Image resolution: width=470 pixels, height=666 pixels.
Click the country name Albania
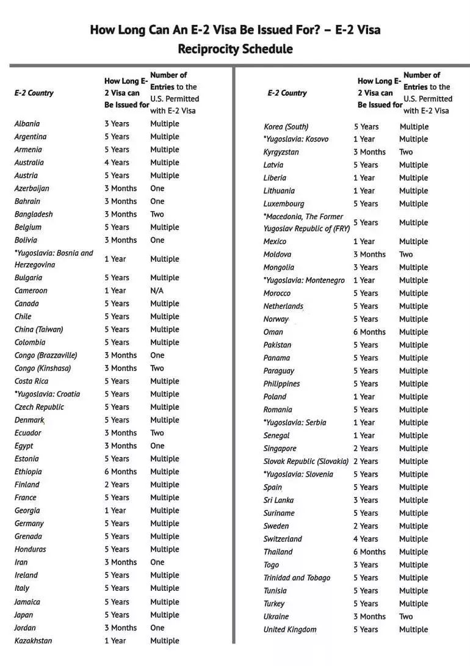click(27, 124)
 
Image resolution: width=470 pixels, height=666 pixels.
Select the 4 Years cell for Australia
click(117, 162)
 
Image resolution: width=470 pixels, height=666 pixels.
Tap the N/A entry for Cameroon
click(157, 291)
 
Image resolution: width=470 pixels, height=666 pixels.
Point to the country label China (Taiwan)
click(38, 330)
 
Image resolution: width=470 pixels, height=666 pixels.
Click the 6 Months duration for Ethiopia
click(120, 472)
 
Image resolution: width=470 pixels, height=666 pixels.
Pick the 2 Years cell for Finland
click(117, 485)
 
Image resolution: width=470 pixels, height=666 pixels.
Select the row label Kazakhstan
click(33, 640)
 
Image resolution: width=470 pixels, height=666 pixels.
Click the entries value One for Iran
click(157, 562)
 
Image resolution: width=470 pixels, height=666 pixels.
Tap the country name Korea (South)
click(286, 127)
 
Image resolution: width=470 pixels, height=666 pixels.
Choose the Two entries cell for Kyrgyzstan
click(406, 152)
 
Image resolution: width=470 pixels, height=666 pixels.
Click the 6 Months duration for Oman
click(369, 332)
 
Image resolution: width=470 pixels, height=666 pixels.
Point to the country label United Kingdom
click(290, 629)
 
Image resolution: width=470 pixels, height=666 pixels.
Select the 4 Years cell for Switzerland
click(366, 539)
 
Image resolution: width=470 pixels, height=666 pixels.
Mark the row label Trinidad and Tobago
click(297, 577)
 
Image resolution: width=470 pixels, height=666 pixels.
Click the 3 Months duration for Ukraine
click(369, 617)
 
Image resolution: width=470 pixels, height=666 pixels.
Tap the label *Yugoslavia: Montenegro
click(304, 280)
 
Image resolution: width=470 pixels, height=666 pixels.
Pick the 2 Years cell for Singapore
click(366, 449)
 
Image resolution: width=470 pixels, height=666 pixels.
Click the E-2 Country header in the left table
click(34, 93)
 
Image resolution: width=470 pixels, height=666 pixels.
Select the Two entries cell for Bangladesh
click(157, 214)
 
